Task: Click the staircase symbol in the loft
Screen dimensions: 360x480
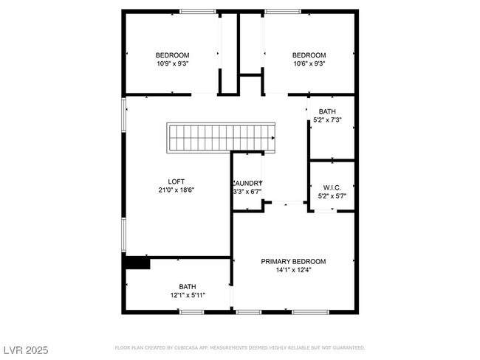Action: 222,137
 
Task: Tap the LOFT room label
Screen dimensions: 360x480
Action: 176,181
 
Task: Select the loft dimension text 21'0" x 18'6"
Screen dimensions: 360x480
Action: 176,190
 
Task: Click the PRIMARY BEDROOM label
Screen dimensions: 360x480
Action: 293,261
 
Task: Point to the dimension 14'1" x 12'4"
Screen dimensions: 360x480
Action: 293,270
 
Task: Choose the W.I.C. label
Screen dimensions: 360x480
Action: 332,187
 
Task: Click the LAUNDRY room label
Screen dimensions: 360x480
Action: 247,183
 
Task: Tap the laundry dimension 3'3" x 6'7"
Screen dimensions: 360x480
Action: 247,192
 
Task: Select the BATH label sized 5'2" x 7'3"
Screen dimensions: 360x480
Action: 327,111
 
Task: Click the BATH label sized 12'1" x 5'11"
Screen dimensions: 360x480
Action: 188,286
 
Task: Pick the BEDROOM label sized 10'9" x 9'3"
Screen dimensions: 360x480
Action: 172,55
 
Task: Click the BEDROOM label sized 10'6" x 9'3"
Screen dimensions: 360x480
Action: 309,55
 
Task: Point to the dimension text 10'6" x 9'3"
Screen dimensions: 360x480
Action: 309,64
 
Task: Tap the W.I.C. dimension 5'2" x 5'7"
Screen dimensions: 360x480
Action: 332,195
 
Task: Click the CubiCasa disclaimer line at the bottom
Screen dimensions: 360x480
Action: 239,347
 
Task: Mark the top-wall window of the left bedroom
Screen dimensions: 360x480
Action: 199,11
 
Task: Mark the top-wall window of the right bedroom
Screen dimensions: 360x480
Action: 283,11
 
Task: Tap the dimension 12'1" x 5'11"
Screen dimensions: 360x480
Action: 188,295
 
